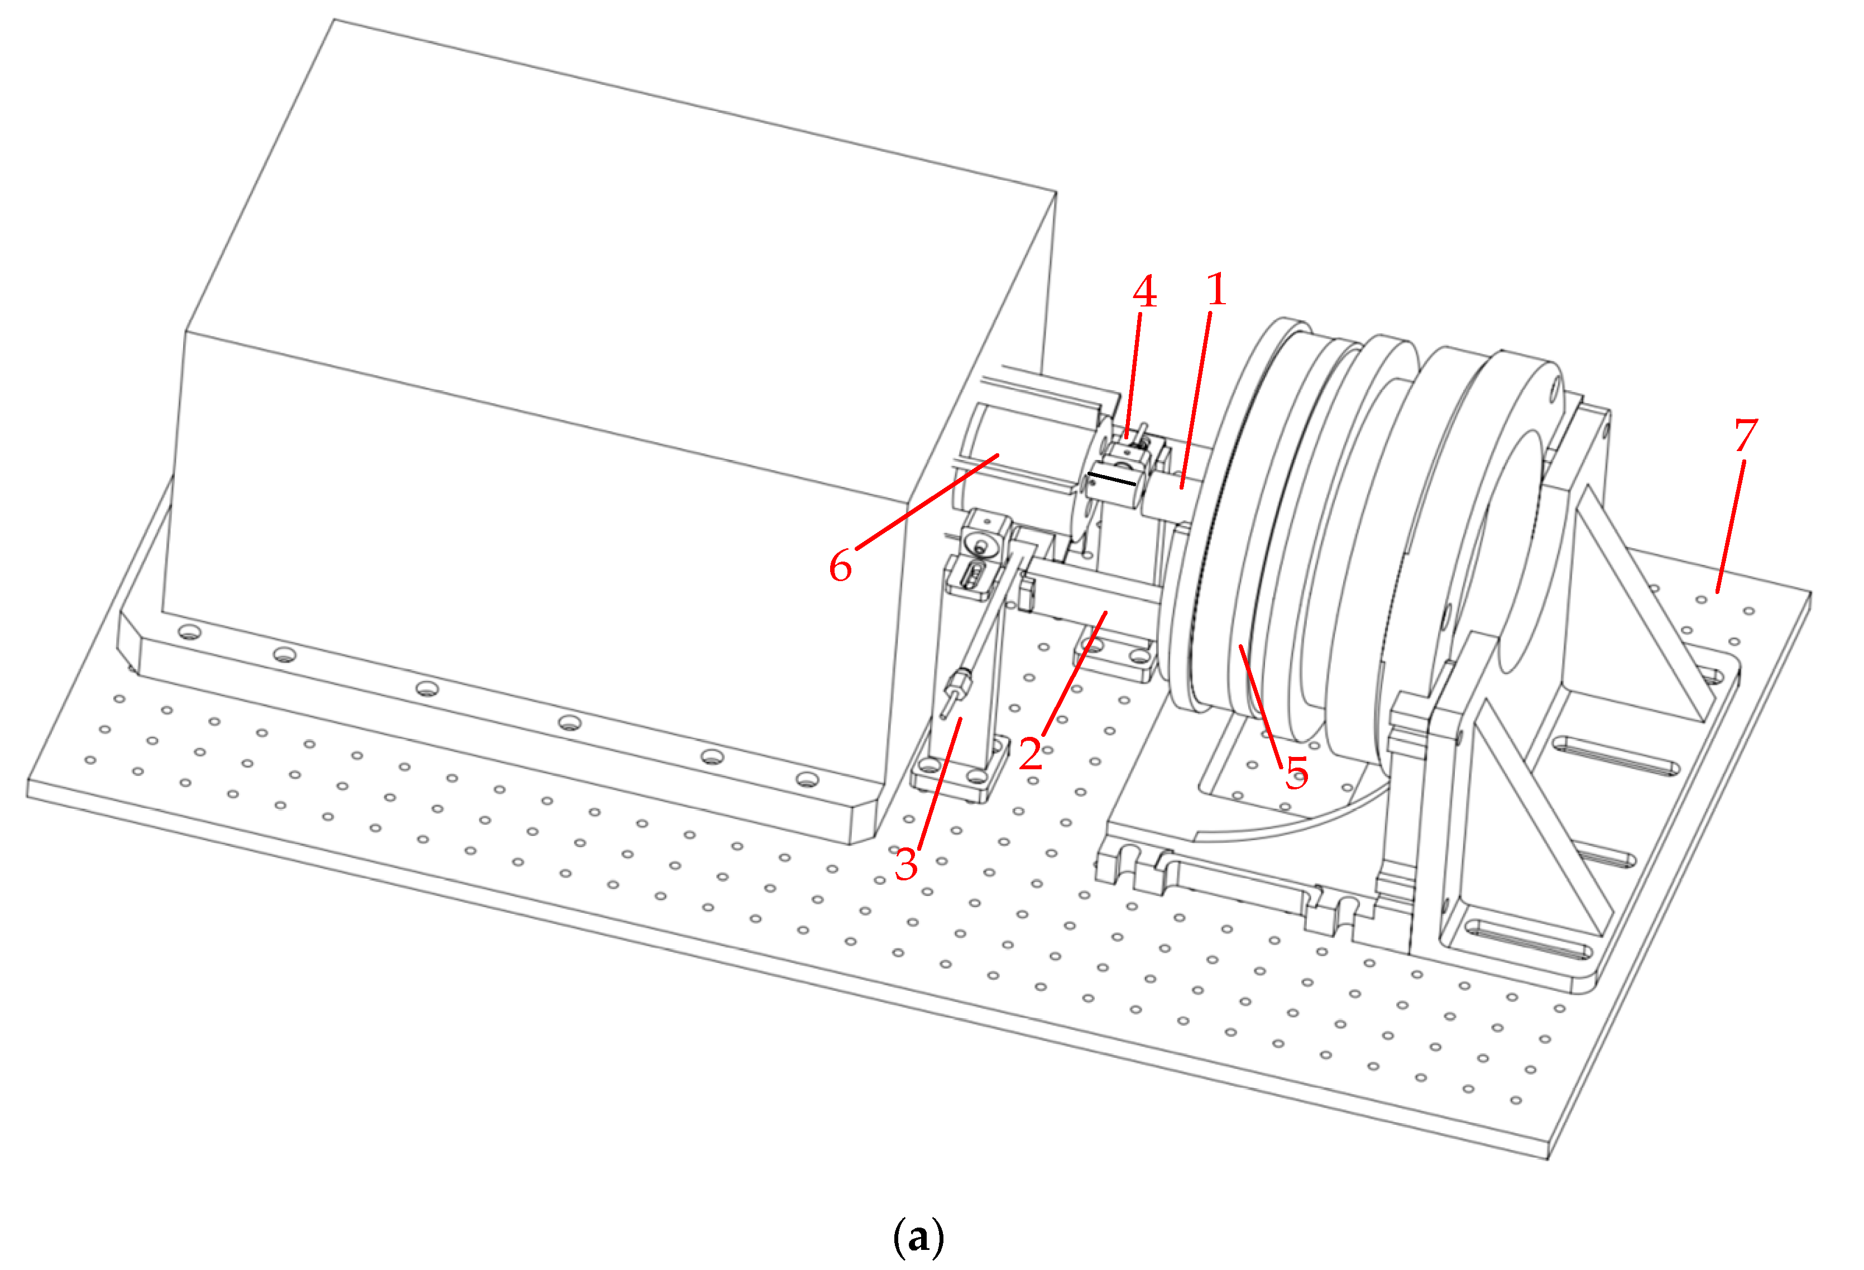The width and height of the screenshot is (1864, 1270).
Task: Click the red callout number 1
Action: coord(1216,290)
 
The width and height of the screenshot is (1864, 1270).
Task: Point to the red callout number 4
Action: coord(1144,292)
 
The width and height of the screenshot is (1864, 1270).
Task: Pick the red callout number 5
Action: coord(1297,772)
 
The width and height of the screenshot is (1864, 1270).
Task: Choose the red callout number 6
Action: coord(840,567)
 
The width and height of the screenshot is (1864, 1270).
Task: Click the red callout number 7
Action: coord(1745,435)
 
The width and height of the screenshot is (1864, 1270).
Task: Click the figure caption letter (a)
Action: coord(918,1237)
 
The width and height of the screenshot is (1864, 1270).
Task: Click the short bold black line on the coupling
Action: coord(1111,479)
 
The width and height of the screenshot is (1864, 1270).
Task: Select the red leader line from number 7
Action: coord(1730,525)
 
